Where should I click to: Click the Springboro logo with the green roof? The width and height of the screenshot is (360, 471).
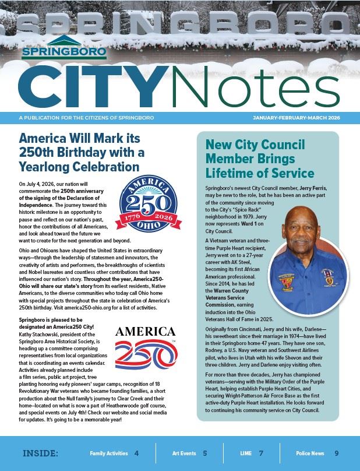[64, 47]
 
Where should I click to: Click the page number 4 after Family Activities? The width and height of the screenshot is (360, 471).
[136, 453]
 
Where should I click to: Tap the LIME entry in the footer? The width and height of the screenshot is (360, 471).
[248, 453]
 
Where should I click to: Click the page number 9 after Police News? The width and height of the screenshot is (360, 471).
[336, 453]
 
